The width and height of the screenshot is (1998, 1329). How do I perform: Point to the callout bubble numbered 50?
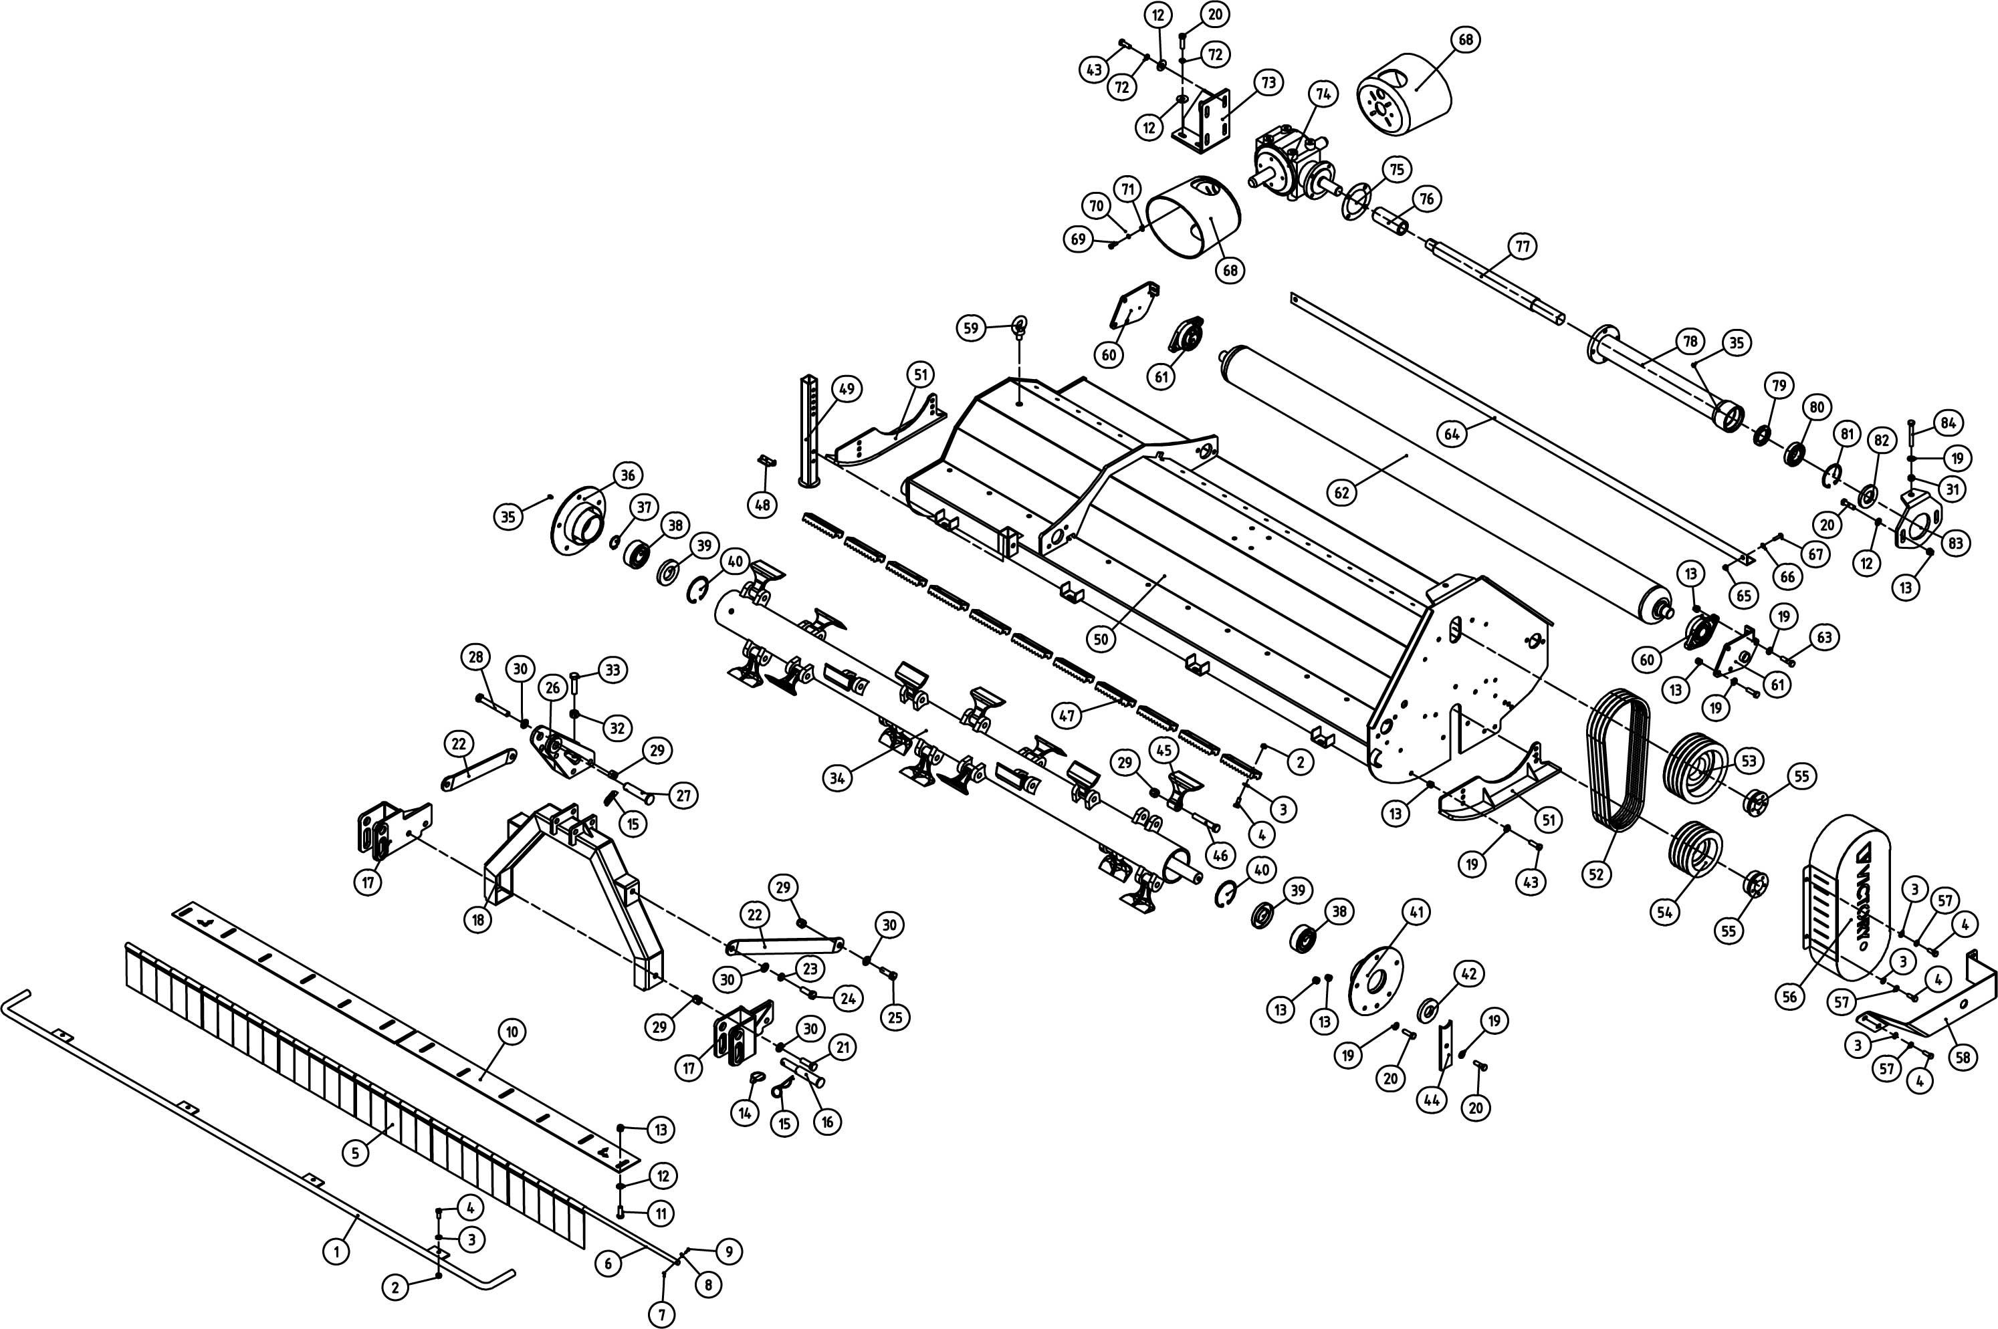click(1100, 639)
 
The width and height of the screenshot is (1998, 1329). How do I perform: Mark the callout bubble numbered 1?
click(336, 1250)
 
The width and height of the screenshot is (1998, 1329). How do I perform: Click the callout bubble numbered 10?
click(511, 1032)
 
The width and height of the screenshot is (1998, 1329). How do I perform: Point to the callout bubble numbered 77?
click(1523, 247)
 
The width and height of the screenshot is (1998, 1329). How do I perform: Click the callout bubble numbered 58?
click(1963, 1057)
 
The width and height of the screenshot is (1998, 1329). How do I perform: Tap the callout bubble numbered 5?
click(355, 1153)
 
